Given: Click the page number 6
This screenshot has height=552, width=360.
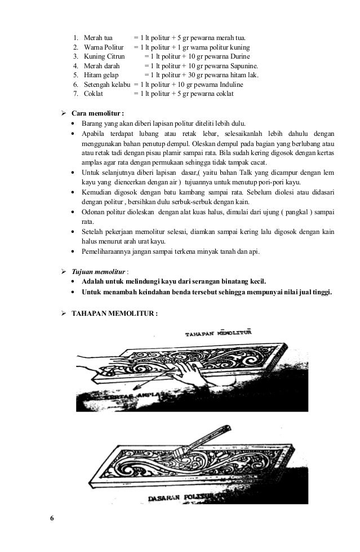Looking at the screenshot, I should tap(52, 518).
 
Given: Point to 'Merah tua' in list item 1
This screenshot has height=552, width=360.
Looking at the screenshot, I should tap(97, 37).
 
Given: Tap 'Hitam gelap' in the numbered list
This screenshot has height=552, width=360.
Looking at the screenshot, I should tap(100, 76).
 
